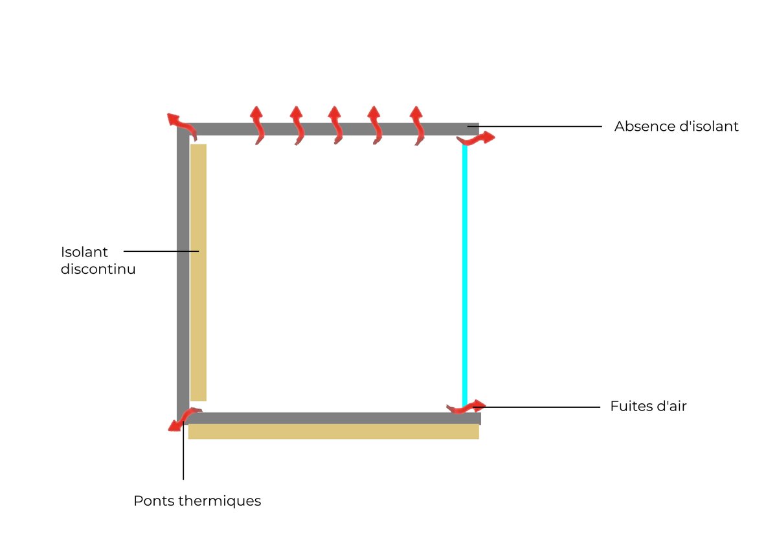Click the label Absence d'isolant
(676, 126)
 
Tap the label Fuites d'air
(648, 407)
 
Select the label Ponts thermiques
(197, 500)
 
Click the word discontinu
(98, 269)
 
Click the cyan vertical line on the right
(464, 272)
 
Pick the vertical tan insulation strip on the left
(198, 272)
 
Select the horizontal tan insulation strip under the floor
(333, 432)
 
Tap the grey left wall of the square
(183, 272)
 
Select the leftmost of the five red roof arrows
(257, 124)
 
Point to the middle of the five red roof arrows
(335, 124)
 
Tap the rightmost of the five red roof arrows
(418, 124)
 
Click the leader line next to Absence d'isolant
(537, 126)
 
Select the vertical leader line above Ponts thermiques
(184, 453)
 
